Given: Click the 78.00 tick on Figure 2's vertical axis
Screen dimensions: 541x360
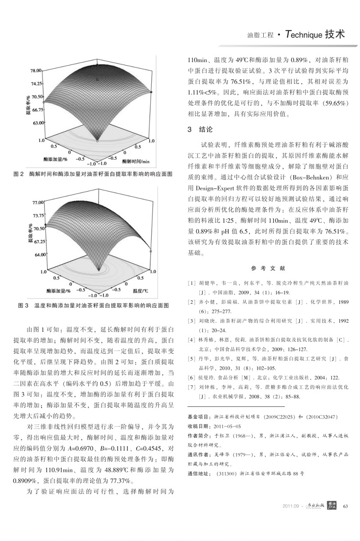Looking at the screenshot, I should [x=36, y=71].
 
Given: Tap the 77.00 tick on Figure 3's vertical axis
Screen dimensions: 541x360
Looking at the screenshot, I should [x=36, y=203].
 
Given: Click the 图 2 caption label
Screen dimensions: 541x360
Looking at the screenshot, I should [x=19, y=174].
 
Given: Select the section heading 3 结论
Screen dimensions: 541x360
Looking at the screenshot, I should [x=200, y=130].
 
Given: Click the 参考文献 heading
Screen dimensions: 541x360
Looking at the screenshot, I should [x=268, y=268].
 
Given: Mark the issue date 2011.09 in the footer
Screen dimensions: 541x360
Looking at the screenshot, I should [x=291, y=519].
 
